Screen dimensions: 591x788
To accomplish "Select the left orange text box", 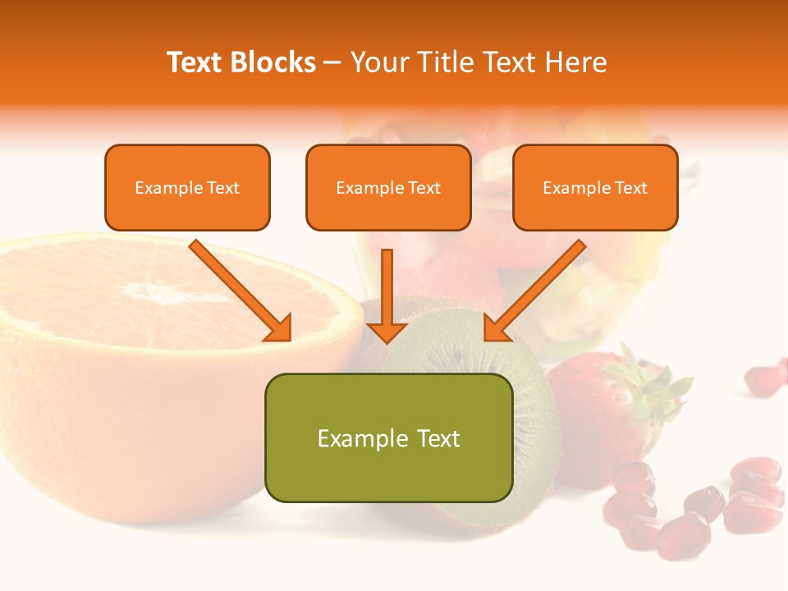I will [x=187, y=187].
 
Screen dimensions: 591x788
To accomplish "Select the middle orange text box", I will [x=388, y=187].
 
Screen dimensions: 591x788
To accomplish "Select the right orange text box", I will [x=595, y=187].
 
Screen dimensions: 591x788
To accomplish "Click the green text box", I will [x=388, y=438].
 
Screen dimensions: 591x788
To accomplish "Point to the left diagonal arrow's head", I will [x=279, y=328].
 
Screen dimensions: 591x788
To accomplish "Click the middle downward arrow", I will [x=387, y=295].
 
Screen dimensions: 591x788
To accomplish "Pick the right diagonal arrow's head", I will [x=496, y=328].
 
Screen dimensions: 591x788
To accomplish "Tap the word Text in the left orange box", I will [x=223, y=188].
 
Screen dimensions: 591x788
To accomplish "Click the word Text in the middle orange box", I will [x=424, y=188].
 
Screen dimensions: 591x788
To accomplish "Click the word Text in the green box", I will [x=438, y=438].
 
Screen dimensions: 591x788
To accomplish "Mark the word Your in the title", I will [x=382, y=62].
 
